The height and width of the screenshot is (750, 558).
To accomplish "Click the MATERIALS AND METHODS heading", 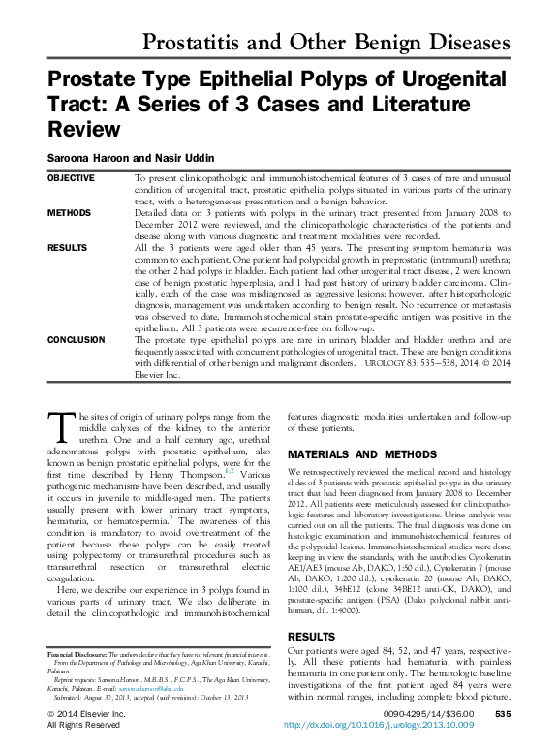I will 362,453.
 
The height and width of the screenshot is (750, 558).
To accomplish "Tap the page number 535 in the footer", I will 502,713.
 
